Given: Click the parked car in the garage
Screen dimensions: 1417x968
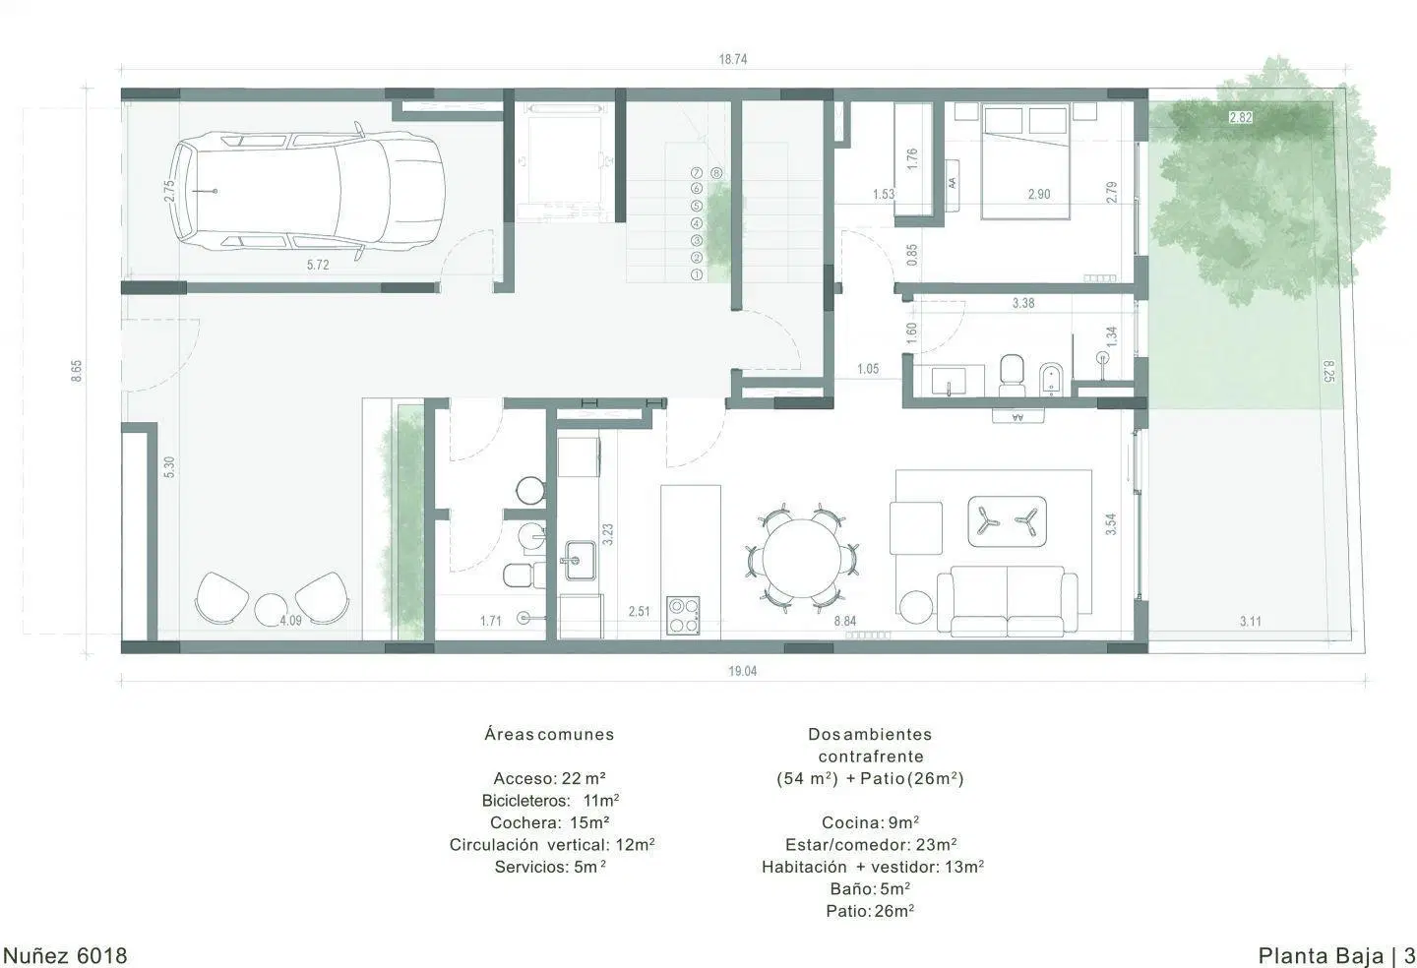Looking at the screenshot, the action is pos(308,191).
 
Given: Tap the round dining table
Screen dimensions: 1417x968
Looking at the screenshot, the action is pos(801,558).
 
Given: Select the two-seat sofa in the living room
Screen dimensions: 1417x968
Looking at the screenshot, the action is pos(1007,601).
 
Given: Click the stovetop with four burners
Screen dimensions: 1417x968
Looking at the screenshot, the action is pos(683,616).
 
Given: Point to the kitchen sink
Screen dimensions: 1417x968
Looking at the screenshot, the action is pos(580,560).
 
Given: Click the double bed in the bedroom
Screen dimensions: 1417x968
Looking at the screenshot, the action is pos(1024,162).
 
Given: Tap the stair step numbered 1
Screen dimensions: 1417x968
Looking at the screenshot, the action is pos(697,274).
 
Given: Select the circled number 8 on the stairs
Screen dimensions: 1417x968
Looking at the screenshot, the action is pos(716,172).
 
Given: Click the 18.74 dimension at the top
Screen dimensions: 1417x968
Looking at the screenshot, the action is pos(733,59).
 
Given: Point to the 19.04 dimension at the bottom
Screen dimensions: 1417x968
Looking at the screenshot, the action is pos(742,671).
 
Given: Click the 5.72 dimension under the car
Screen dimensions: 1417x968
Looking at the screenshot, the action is pos(318,265).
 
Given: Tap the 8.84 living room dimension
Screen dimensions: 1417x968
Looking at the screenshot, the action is pos(845,621).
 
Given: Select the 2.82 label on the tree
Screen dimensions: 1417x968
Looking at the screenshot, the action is pos(1241,118).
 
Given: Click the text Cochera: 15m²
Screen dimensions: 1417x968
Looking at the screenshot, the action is pos(549,822).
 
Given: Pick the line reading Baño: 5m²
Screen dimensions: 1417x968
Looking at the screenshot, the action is pos(870,889).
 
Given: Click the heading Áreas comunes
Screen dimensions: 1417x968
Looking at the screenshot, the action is pos(549,734).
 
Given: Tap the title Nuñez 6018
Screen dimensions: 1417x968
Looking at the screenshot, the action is pos(65,955).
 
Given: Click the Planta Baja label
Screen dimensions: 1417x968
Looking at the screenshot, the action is pos(1321,955).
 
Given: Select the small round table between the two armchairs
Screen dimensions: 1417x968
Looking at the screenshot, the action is pos(273,610).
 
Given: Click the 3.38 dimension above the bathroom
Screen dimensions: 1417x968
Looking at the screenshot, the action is pos(1023,303).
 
